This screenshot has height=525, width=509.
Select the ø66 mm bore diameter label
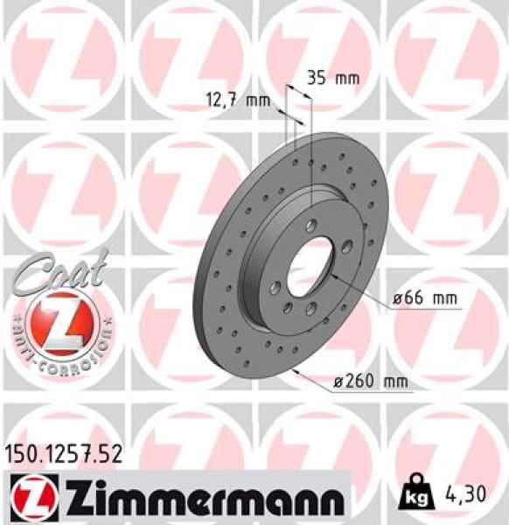(x=425, y=299)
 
